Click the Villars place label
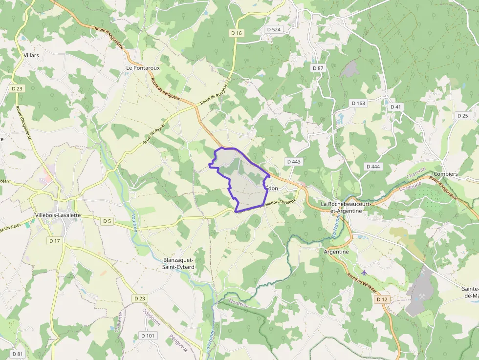click(x=31, y=55)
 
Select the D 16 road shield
click(x=237, y=33)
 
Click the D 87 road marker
click(x=318, y=68)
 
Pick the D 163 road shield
click(x=358, y=103)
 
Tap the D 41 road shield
click(x=395, y=107)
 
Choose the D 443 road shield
click(x=294, y=161)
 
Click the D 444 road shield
click(x=373, y=167)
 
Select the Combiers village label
click(x=446, y=174)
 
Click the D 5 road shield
click(x=107, y=221)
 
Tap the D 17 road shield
click(x=54, y=241)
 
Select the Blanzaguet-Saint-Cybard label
click(x=178, y=263)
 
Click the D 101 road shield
click(x=147, y=336)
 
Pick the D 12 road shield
click(x=382, y=299)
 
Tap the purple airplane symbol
click(x=364, y=272)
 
